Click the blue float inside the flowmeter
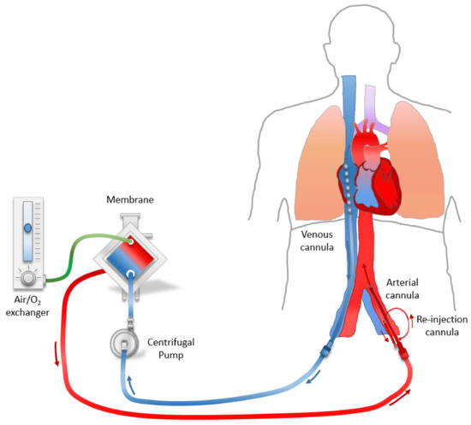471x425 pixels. (x=28, y=229)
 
